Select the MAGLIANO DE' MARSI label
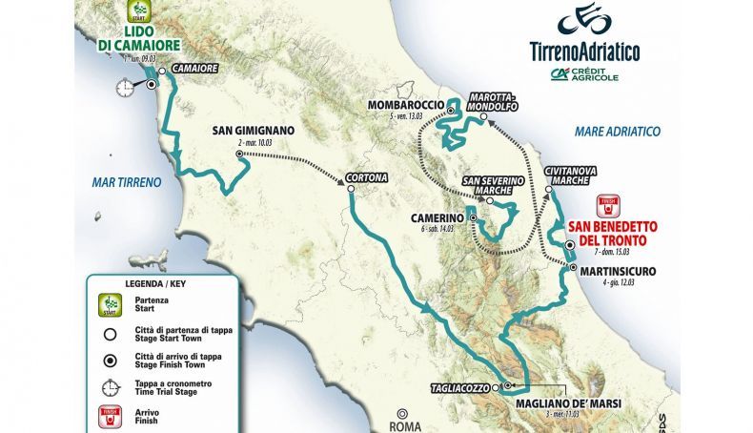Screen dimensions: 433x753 (568, 403)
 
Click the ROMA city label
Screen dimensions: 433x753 (399, 426)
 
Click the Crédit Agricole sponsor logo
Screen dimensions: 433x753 (583, 75)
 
